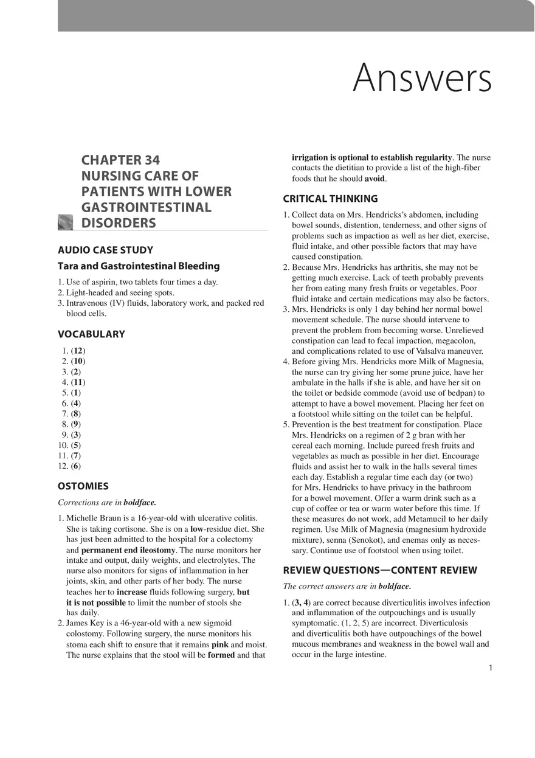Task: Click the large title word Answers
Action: coord(421,78)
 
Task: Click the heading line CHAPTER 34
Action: coord(120,160)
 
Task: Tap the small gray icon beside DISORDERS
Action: coord(65,222)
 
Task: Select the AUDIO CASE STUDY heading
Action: coord(105,250)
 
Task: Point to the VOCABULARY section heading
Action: coord(91,334)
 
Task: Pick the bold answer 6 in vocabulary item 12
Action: coord(75,466)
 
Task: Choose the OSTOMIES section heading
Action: coord(83,486)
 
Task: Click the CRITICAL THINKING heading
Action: coord(330,199)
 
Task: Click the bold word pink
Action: coord(219,644)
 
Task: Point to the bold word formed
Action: coord(221,655)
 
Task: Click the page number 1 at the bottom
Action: coord(491,668)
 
